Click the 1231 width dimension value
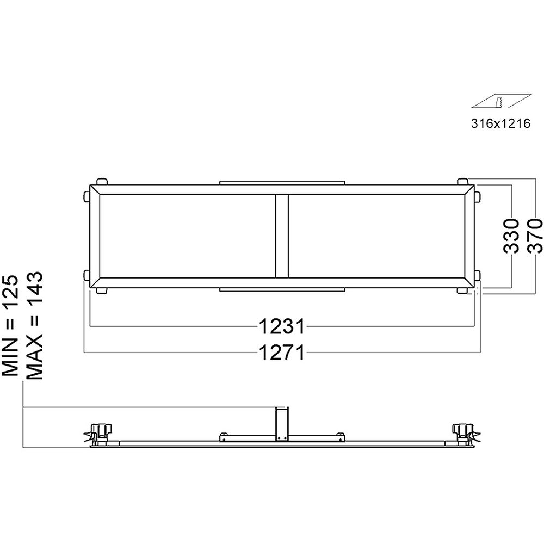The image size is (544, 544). click(281, 327)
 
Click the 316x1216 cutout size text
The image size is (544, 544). click(500, 123)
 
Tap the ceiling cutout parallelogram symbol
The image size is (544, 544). click(500, 102)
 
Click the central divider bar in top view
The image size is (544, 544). click(281, 237)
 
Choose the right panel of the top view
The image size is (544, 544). click(375, 237)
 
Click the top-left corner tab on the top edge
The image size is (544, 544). click(101, 181)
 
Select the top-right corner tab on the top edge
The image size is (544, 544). click(462, 181)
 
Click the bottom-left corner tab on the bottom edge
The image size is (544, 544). click(101, 291)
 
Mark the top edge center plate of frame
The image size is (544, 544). click(282, 183)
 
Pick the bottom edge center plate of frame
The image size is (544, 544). click(282, 290)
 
